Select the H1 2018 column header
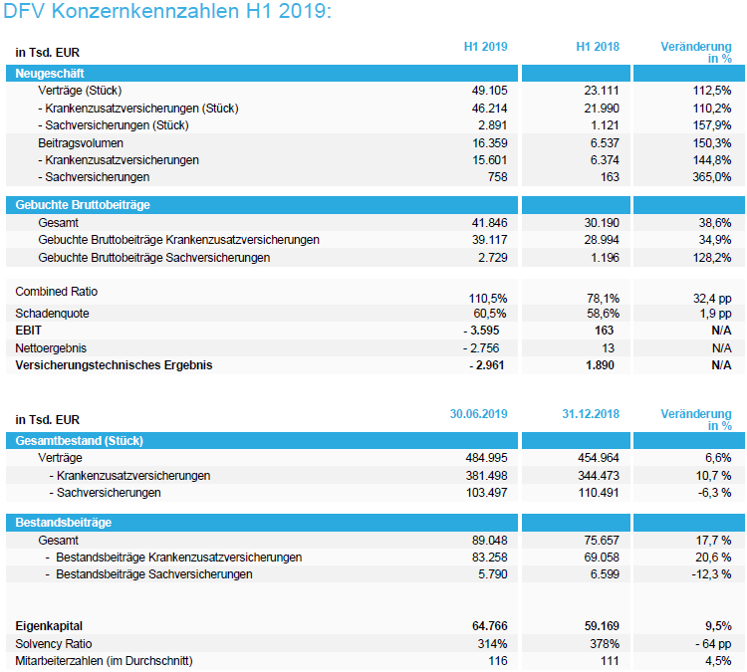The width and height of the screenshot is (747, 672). [x=598, y=47]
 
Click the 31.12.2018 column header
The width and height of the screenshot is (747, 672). [x=591, y=413]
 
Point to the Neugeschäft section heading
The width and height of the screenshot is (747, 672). [x=50, y=73]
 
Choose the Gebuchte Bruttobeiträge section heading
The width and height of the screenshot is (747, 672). [x=83, y=205]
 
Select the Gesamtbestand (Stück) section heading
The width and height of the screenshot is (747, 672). [x=77, y=440]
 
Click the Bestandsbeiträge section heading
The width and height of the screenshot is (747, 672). [x=63, y=522]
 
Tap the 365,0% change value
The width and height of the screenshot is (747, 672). [x=713, y=177]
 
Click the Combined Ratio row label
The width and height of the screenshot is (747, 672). [x=57, y=291]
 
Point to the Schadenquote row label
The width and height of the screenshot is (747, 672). [x=54, y=313]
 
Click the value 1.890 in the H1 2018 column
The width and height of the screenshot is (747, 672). [x=602, y=365]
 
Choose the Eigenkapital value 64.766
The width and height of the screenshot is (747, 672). [x=486, y=626]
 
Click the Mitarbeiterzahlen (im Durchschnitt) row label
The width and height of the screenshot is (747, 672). [x=104, y=661]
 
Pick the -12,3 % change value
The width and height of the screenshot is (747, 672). [x=711, y=574]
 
